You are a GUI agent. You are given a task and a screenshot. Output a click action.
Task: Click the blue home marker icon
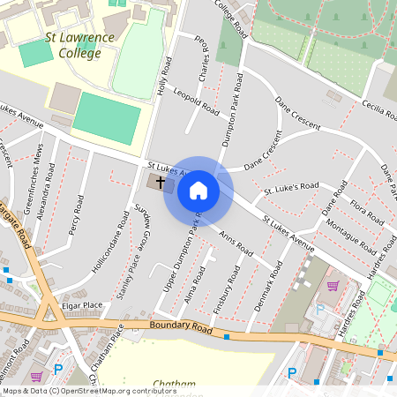(x=198, y=191)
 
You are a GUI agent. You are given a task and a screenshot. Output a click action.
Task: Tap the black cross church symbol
(x=161, y=183)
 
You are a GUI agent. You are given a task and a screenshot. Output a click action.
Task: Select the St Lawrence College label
(x=79, y=46)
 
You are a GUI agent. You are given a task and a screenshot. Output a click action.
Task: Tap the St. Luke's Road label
(x=291, y=188)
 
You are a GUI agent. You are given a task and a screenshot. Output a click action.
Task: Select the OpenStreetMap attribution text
(x=78, y=391)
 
